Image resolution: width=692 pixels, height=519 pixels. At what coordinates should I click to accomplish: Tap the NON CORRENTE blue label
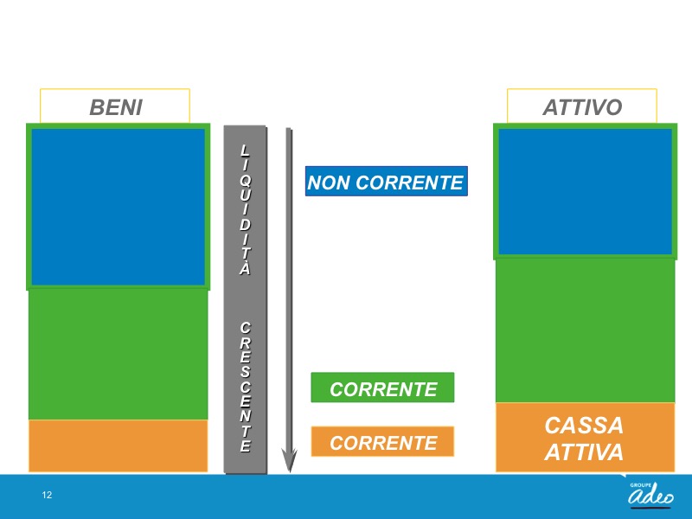tap(386, 182)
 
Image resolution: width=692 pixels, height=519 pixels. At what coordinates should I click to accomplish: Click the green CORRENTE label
tap(382, 388)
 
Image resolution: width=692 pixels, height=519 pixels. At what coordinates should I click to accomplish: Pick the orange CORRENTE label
tap(382, 441)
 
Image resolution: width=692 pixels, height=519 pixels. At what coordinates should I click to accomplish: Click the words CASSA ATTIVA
tap(584, 439)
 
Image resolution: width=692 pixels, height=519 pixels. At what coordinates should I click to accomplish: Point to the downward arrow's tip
tap(289, 471)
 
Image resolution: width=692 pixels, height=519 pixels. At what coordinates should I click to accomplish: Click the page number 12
tap(47, 495)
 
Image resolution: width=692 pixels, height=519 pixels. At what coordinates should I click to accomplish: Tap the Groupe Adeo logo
tap(650, 494)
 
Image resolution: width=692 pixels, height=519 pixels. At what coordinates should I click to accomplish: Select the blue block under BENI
tap(119, 207)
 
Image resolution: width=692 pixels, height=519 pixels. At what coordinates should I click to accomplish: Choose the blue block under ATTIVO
tap(586, 191)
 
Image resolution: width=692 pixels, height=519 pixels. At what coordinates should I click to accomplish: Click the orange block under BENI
tap(119, 445)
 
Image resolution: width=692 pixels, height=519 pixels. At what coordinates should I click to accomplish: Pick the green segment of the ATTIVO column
tap(586, 330)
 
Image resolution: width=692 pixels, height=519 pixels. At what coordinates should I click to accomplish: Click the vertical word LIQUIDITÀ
tap(246, 209)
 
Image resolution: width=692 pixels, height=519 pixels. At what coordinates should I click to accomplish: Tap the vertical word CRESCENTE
tap(246, 387)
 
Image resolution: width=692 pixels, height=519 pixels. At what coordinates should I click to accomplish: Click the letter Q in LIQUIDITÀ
tap(246, 180)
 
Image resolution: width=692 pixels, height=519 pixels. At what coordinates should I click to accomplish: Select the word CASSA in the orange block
tap(584, 426)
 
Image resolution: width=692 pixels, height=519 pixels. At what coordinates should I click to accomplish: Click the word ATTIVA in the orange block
tap(584, 452)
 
